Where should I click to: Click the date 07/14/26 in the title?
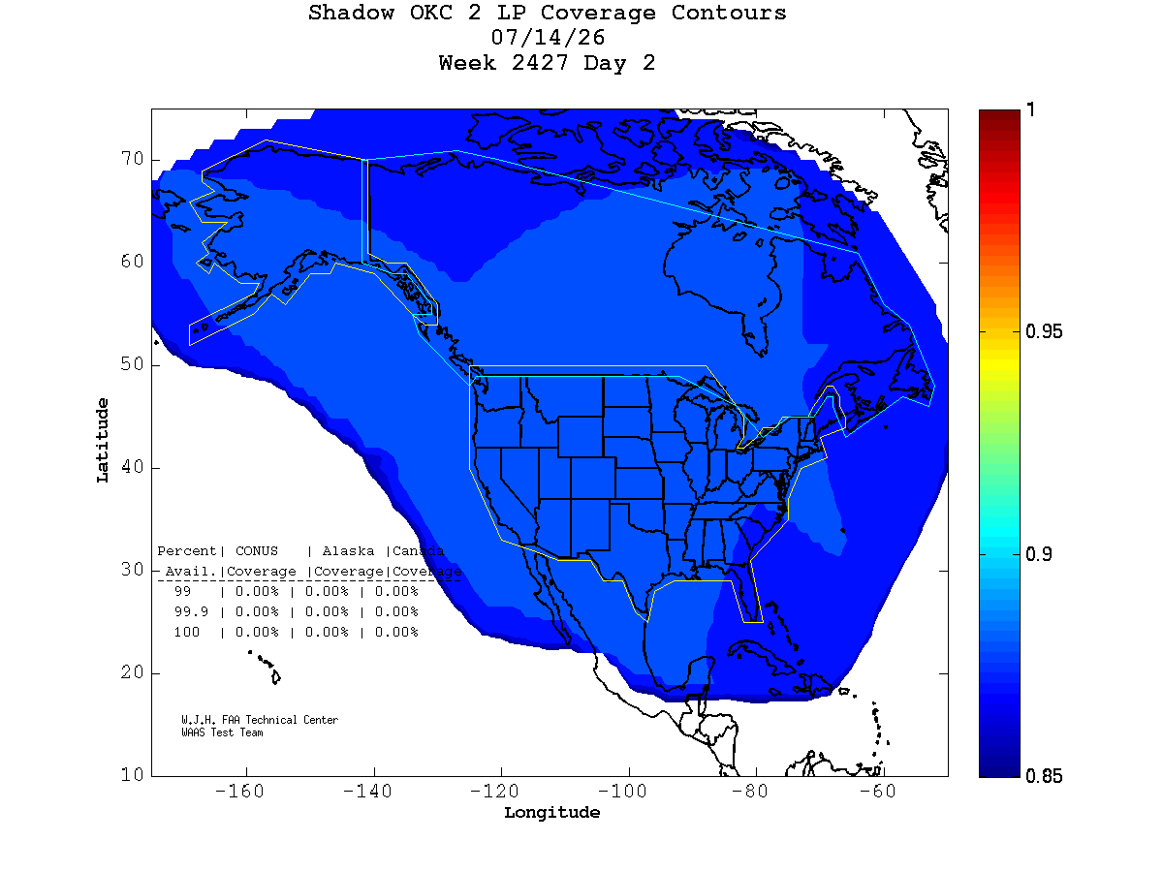(x=548, y=38)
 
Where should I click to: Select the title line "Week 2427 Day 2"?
(x=547, y=63)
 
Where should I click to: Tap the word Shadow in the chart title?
(x=351, y=13)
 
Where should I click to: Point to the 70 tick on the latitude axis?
(x=132, y=158)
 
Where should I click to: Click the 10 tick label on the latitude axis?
(x=132, y=774)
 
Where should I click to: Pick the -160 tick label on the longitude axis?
(x=239, y=791)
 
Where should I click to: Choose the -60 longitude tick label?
(x=877, y=791)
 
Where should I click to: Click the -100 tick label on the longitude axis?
(x=622, y=791)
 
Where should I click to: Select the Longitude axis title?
(x=551, y=813)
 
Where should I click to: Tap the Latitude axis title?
(x=103, y=440)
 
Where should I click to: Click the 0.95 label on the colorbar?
(x=1043, y=331)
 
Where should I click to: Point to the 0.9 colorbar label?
(x=1038, y=554)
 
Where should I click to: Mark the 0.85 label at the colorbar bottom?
(x=1043, y=776)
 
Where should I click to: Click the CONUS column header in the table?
(x=257, y=551)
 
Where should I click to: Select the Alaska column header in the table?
(x=348, y=551)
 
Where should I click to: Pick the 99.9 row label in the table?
(x=191, y=611)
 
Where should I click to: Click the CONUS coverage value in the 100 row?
(x=257, y=632)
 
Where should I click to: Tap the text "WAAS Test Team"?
(x=222, y=732)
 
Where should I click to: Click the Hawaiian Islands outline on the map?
(x=267, y=668)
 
